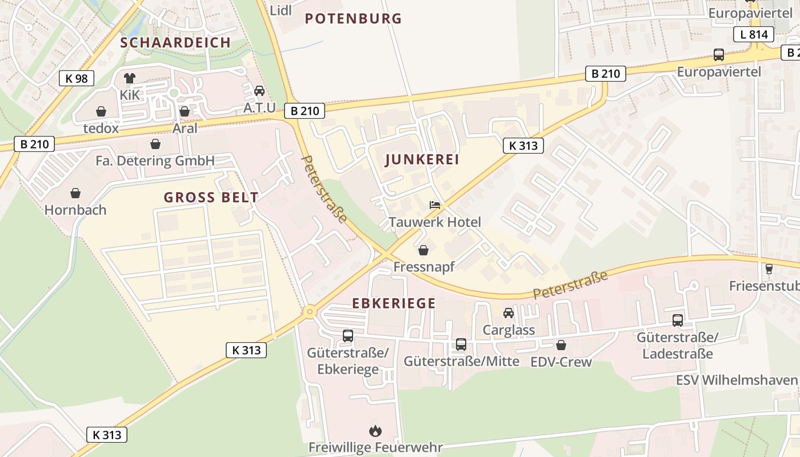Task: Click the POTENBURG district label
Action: tap(353, 18)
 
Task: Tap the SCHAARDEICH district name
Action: tap(175, 42)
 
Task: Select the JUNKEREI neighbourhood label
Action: tap(422, 160)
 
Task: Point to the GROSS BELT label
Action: tap(211, 198)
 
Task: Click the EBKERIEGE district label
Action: tap(394, 303)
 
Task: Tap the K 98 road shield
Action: tap(77, 78)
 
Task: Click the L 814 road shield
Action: tap(754, 34)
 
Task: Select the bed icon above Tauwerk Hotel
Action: tap(435, 205)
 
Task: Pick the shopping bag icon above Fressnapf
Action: tap(423, 250)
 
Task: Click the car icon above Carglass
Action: tap(509, 313)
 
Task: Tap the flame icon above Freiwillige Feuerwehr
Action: tap(375, 431)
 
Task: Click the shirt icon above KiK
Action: tap(130, 78)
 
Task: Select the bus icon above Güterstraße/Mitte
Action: tap(461, 344)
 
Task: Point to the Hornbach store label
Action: tap(75, 210)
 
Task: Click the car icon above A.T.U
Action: tap(259, 91)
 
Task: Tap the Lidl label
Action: tap(281, 10)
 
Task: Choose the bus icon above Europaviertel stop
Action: tap(719, 55)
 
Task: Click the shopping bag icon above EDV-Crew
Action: tap(561, 345)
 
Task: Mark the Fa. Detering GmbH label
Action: tap(155, 161)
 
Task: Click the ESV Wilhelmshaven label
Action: tap(736, 380)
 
